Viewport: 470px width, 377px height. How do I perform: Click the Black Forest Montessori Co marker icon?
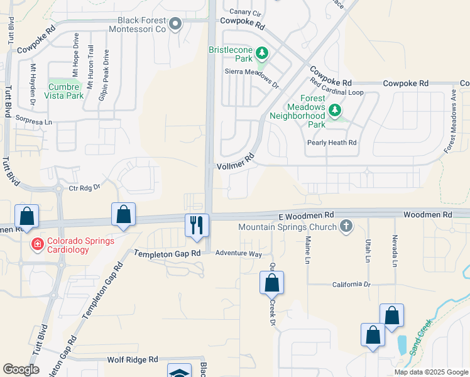(175, 25)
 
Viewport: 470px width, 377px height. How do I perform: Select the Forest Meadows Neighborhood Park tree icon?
(335, 111)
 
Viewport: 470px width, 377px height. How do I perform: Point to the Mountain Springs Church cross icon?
(345, 226)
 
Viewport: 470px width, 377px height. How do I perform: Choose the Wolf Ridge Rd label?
(132, 359)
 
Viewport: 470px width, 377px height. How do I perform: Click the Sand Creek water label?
(420, 337)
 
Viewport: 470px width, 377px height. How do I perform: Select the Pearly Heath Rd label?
(332, 143)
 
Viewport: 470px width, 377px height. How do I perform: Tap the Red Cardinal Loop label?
(337, 92)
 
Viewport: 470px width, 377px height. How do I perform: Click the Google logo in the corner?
(21, 369)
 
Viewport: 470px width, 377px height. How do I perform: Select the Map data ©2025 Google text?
(430, 372)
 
